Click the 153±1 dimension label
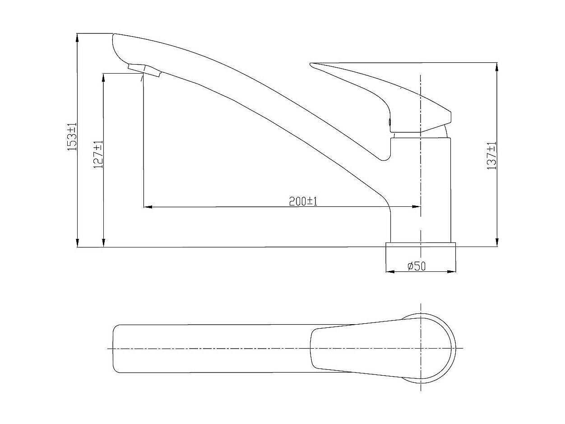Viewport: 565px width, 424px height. coord(72,137)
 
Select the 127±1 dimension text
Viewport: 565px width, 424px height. coord(98,154)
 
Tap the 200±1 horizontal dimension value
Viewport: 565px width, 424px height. coord(303,201)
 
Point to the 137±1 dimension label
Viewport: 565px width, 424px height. coord(491,155)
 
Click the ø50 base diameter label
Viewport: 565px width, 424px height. coord(417,266)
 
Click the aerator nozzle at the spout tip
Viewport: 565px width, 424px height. coord(144,70)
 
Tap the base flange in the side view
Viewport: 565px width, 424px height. coord(421,245)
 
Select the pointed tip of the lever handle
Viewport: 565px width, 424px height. coord(310,64)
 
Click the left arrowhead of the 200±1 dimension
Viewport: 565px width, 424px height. coord(148,207)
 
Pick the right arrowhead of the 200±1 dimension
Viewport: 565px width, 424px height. coord(417,206)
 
